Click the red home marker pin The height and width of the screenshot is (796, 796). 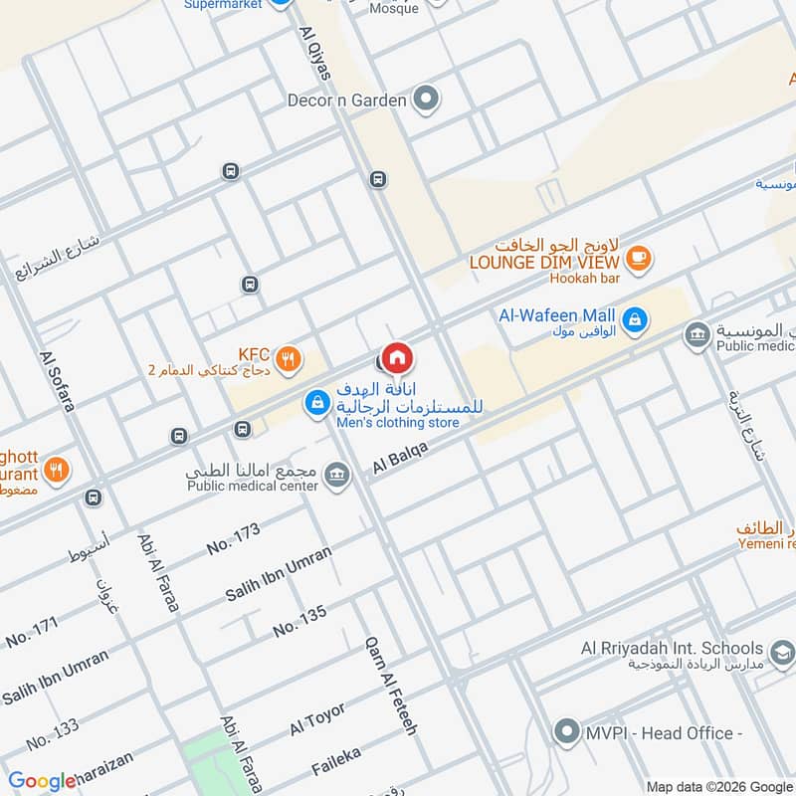click(x=397, y=357)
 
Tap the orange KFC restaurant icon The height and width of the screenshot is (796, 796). click(x=289, y=360)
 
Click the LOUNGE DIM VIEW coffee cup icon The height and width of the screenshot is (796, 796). click(x=638, y=259)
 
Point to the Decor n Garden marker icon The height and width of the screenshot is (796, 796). click(x=427, y=99)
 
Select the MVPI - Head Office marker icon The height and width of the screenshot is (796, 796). click(x=567, y=733)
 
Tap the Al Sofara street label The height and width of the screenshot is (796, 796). click(x=57, y=382)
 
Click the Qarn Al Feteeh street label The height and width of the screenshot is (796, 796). click(x=391, y=686)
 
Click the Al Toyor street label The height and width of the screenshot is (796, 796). click(x=317, y=718)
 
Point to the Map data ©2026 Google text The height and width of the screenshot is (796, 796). click(x=719, y=786)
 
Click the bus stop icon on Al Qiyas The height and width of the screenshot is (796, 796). click(x=377, y=179)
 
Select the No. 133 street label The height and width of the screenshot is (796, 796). click(x=53, y=734)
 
